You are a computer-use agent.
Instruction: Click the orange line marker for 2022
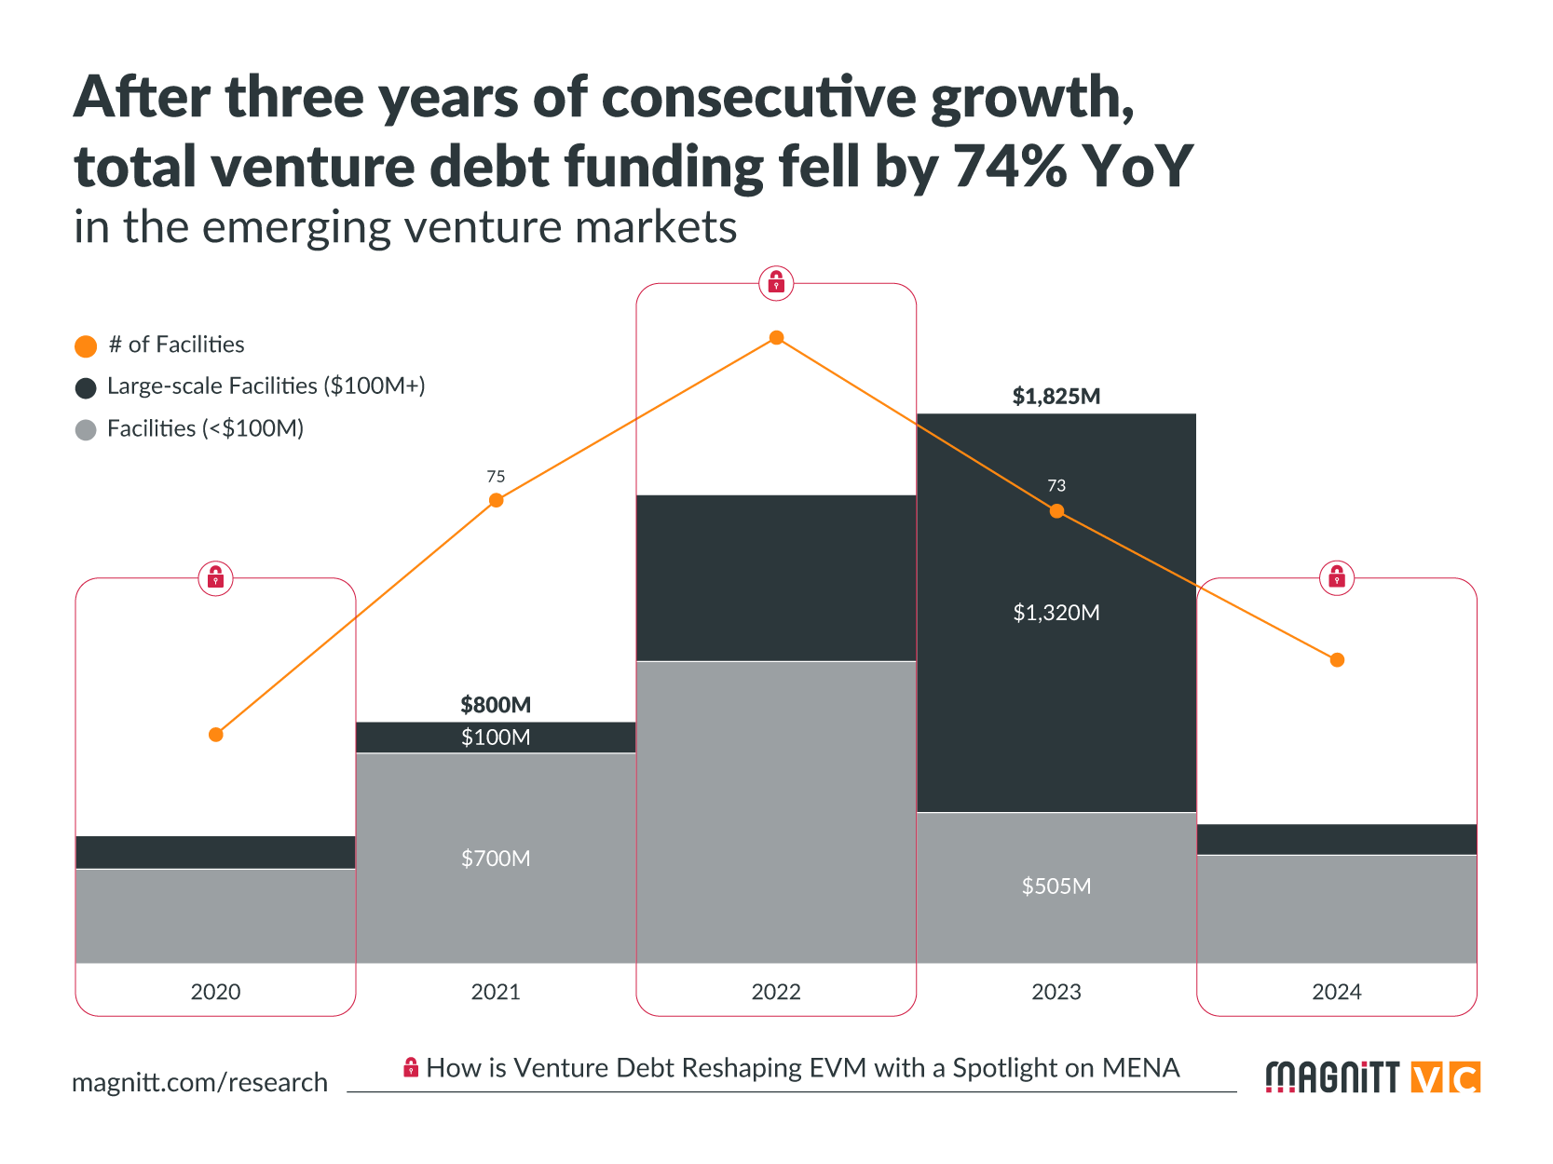click(776, 338)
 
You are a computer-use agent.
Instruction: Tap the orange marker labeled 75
click(497, 501)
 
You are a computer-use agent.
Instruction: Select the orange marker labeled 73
click(1056, 511)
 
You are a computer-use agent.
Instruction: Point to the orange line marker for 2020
click(216, 735)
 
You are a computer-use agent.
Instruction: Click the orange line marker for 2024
click(1337, 660)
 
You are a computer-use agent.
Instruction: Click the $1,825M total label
click(1056, 397)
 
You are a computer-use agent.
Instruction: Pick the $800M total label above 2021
click(496, 705)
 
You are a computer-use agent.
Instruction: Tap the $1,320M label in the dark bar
click(1056, 613)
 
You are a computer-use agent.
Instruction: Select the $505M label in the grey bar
click(1056, 887)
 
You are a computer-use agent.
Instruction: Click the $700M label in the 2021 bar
click(496, 859)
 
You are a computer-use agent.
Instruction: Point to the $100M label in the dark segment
click(496, 738)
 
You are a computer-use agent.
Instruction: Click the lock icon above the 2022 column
click(776, 283)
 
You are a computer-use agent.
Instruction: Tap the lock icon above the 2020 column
click(216, 578)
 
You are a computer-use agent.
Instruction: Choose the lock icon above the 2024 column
click(1337, 578)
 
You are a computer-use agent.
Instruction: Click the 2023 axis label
click(1056, 992)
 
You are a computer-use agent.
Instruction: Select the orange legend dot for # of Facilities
click(86, 346)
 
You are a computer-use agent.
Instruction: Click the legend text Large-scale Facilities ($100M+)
click(266, 386)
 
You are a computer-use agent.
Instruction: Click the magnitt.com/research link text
click(200, 1082)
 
